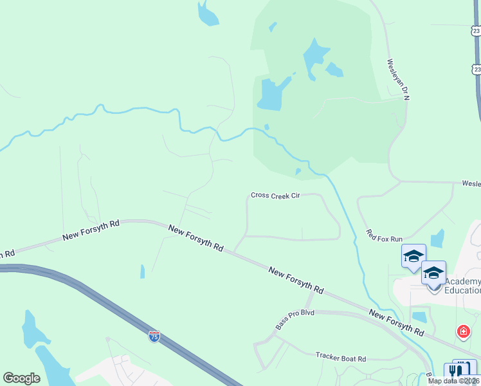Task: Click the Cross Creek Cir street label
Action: tap(276, 196)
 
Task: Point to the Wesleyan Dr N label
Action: tap(397, 79)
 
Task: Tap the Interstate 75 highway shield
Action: tap(154, 336)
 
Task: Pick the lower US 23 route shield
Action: tap(476, 69)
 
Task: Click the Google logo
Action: tap(21, 378)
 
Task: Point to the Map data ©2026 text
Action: tap(453, 381)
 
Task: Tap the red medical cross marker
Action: tap(463, 332)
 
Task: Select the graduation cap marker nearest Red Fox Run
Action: tap(413, 257)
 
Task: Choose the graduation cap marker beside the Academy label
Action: tap(433, 273)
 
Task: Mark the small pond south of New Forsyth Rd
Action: tap(142, 271)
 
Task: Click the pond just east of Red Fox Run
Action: tap(438, 238)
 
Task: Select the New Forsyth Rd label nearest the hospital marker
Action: tap(396, 321)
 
